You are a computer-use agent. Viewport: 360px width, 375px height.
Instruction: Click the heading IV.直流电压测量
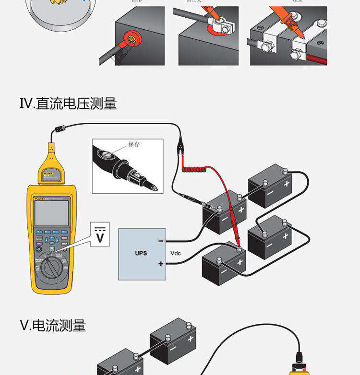click(x=68, y=103)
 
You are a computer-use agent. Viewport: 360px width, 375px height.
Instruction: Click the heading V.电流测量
click(x=53, y=326)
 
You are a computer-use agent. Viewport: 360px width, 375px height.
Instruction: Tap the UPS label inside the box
click(x=141, y=253)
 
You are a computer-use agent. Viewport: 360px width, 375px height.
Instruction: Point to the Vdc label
click(x=176, y=253)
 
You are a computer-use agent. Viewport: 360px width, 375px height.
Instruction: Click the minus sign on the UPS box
click(x=161, y=241)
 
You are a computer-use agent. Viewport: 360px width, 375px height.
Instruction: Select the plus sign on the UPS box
click(x=161, y=264)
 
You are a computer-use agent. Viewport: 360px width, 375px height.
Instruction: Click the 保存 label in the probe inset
click(x=134, y=144)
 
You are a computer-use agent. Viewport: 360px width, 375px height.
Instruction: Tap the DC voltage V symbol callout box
click(x=100, y=234)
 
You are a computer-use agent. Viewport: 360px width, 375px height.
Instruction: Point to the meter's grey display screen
click(x=51, y=213)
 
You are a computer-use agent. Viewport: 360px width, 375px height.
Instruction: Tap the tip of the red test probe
click(x=237, y=245)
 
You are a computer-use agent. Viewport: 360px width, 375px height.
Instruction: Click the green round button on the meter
click(x=39, y=249)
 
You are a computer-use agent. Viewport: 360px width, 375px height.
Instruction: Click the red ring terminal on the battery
click(x=131, y=37)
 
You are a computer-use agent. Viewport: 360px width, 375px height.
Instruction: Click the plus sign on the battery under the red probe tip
click(x=240, y=262)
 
